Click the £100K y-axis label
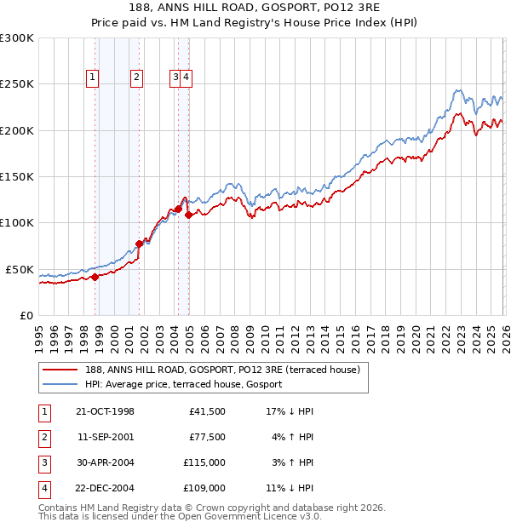pyautogui.click(x=17, y=222)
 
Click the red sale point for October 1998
pyautogui.click(x=95, y=277)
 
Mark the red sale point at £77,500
pyautogui.click(x=139, y=244)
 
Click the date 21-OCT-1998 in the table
pyautogui.click(x=105, y=411)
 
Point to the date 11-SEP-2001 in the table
pyautogui.click(x=105, y=437)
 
